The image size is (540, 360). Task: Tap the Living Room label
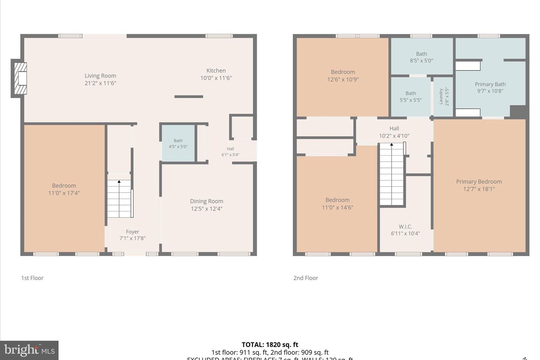(100, 76)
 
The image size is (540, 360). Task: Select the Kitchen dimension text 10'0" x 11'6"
(216, 78)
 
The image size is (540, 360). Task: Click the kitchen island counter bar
(189, 97)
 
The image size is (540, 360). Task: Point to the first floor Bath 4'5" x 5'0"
(178, 144)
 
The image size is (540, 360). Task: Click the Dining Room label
(206, 201)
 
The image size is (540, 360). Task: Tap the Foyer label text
(132, 232)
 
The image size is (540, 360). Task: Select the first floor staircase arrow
(119, 182)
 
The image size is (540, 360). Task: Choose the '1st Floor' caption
(32, 278)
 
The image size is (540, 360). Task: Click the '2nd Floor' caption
(306, 278)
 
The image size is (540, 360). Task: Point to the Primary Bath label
(490, 84)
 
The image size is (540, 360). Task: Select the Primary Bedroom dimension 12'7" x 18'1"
(479, 189)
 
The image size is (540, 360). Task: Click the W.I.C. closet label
(405, 226)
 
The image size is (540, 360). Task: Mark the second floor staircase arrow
(391, 144)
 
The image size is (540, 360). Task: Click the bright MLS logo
(29, 350)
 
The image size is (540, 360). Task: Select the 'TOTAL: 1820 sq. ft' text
(270, 345)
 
